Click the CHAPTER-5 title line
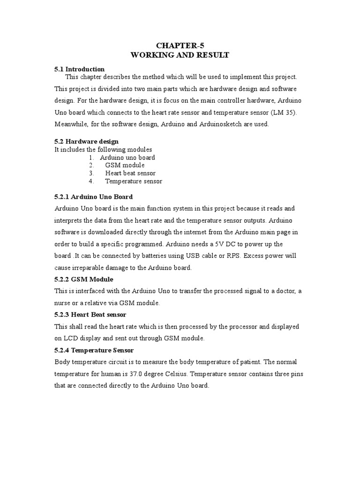[x=180, y=45]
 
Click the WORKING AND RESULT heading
[x=180, y=55]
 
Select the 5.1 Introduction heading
[x=80, y=69]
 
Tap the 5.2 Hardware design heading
[x=87, y=141]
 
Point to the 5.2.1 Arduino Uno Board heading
[x=94, y=196]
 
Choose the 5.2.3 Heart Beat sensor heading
[x=90, y=314]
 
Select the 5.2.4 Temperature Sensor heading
[x=94, y=350]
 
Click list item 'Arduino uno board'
[x=127, y=157]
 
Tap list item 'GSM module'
[x=125, y=165]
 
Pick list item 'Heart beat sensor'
[x=130, y=173]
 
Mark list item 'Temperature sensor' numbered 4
[x=134, y=181]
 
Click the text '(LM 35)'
[x=285, y=113]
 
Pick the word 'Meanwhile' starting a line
[x=71, y=124]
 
